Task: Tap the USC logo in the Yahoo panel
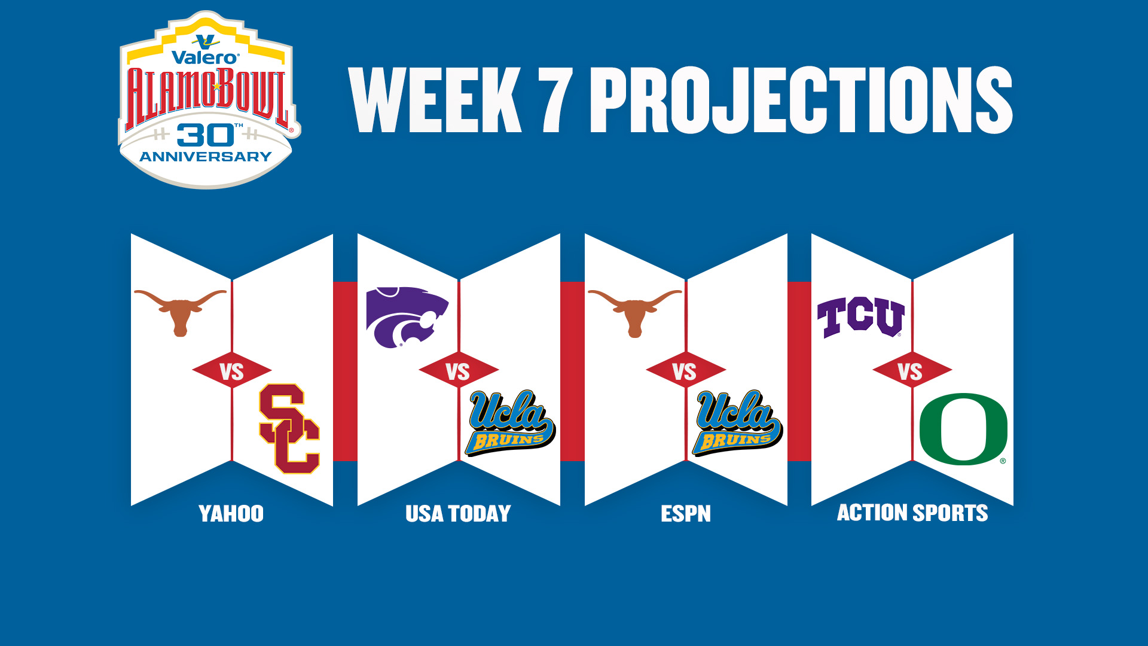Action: (x=290, y=429)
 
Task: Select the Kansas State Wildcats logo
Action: (x=407, y=317)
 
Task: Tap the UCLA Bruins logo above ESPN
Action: (x=737, y=422)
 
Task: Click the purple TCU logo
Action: (x=860, y=317)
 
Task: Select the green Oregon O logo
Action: (x=963, y=429)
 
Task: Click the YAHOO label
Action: (x=231, y=514)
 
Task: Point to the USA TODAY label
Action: (x=458, y=514)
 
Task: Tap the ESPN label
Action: (x=686, y=514)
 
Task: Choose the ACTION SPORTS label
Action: (x=912, y=513)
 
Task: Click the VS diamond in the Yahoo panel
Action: (x=232, y=371)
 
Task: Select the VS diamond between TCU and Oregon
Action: (x=912, y=371)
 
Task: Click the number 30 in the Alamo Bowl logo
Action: (x=206, y=136)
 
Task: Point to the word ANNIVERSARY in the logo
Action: (x=206, y=157)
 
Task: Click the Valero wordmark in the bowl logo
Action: (x=205, y=57)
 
